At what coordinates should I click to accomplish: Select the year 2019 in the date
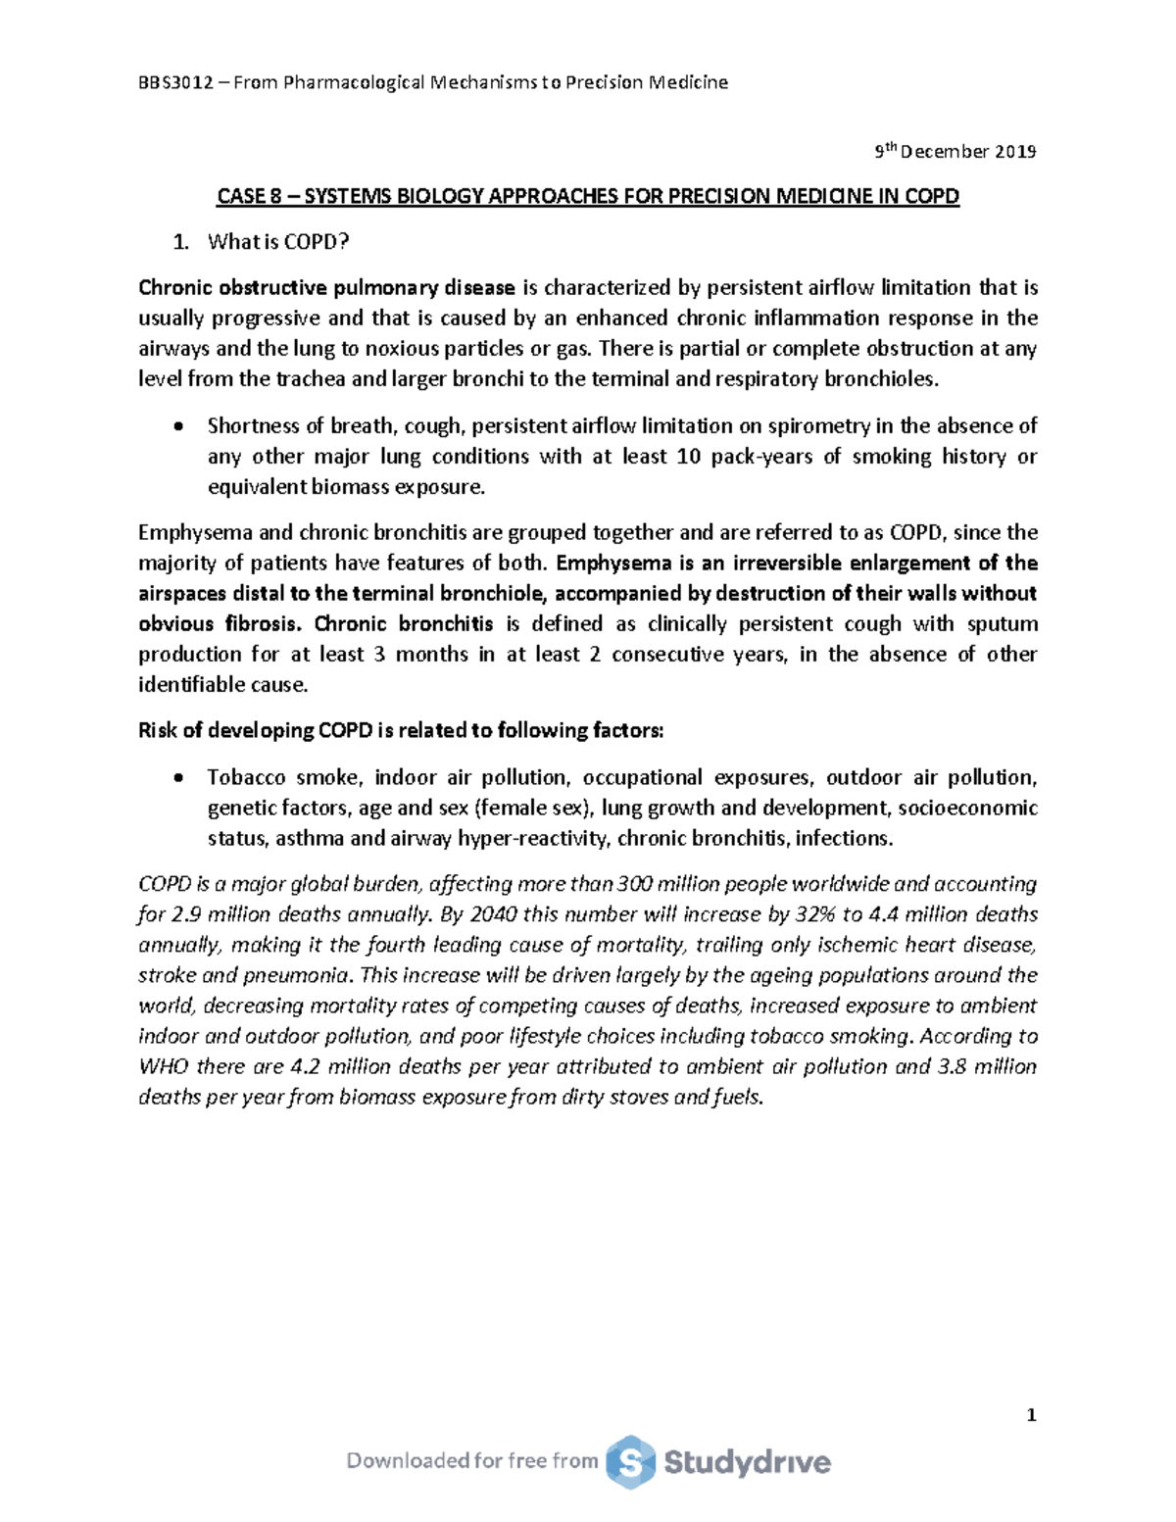click(x=1016, y=152)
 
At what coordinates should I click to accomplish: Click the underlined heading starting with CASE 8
click(x=587, y=197)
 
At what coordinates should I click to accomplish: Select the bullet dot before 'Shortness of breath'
click(x=177, y=427)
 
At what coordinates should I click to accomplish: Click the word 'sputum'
click(x=1003, y=624)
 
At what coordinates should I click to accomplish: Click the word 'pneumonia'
click(x=305, y=976)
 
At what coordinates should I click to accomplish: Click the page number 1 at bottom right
click(x=1030, y=1415)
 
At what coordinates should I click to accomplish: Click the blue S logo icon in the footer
click(x=630, y=1462)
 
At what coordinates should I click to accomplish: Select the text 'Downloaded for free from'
click(x=472, y=1461)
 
